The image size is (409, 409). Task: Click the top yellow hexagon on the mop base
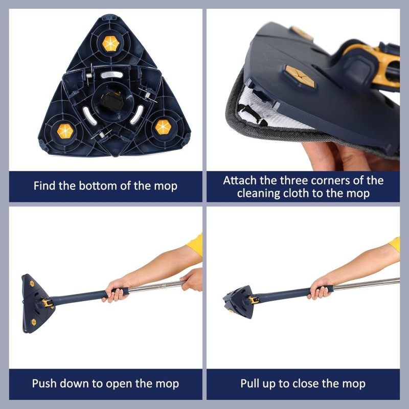pyautogui.click(x=111, y=44)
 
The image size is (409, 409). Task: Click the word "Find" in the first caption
pyautogui.click(x=45, y=185)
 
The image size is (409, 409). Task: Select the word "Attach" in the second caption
pyautogui.click(x=240, y=180)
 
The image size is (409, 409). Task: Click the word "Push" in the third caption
pyautogui.click(x=43, y=383)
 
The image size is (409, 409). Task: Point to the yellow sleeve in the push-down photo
pyautogui.click(x=195, y=245)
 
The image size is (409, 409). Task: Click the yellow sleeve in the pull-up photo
pyautogui.click(x=394, y=244)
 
